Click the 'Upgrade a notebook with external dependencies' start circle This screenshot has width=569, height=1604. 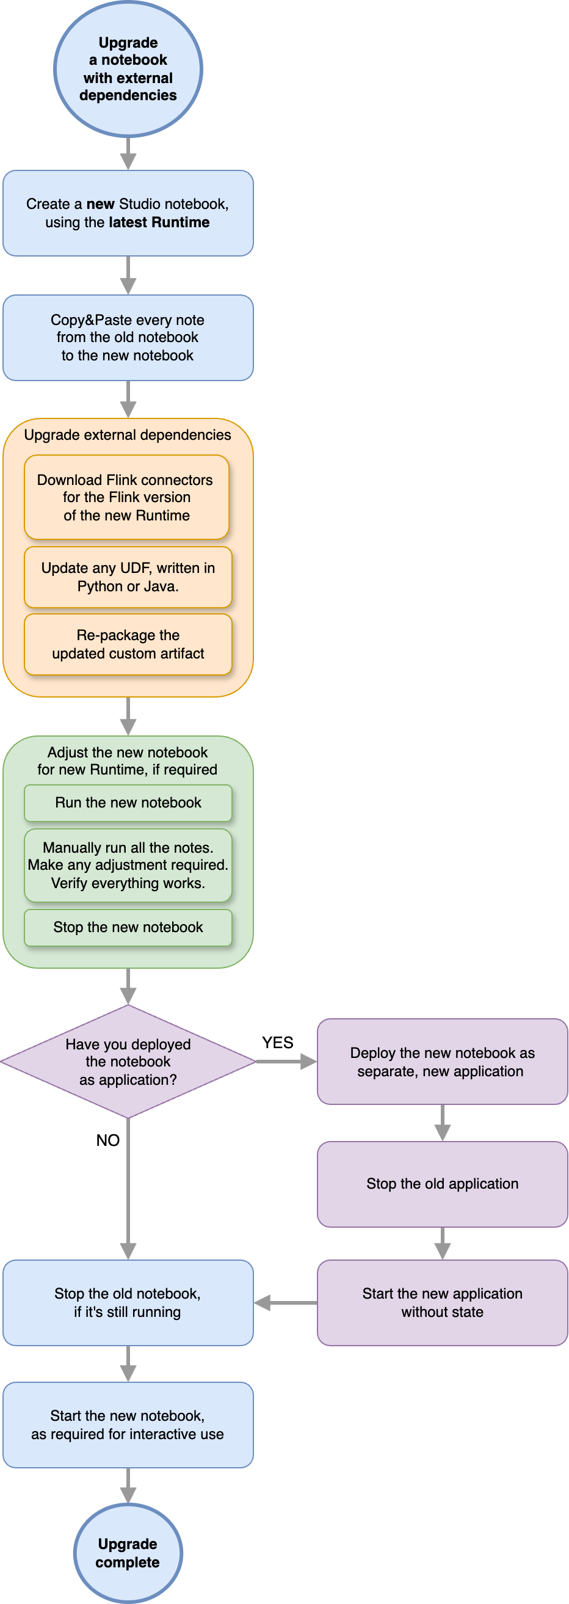[128, 68]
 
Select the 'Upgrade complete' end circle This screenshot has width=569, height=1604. [128, 1553]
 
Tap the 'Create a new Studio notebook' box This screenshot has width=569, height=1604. [128, 213]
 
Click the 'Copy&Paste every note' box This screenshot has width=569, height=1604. [128, 338]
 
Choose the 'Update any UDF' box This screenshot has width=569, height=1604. [128, 577]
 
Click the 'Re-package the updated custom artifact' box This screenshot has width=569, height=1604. [128, 644]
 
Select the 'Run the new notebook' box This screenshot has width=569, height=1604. [128, 802]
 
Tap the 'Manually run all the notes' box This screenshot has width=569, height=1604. [128, 865]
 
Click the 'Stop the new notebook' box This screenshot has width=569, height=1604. [128, 927]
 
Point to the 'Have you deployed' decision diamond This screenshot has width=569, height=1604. [128, 1061]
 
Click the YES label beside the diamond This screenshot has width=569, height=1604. [277, 1042]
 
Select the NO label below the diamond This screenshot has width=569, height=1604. [107, 1140]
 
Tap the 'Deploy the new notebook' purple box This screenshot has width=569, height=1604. [442, 1061]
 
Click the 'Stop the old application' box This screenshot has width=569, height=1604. [442, 1183]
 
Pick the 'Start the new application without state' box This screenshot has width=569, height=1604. [442, 1302]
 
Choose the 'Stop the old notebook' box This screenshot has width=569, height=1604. [128, 1302]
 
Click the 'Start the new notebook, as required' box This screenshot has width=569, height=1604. [128, 1424]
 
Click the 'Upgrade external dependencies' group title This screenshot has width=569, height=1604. [128, 435]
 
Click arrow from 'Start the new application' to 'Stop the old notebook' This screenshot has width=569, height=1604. [286, 1302]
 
